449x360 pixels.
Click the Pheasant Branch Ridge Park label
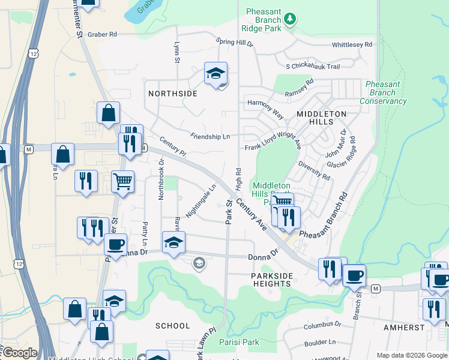coord(265,20)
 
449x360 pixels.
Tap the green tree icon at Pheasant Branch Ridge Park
coord(290,19)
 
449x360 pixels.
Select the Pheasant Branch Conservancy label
coord(383,93)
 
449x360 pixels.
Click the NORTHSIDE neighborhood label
coord(173,94)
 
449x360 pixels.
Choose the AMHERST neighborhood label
coord(405,328)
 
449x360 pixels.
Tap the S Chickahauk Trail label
coord(313,66)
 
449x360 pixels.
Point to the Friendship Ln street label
coord(210,137)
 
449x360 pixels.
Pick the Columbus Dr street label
coord(322,325)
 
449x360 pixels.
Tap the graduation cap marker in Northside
coord(215,74)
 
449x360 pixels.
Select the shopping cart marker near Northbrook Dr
coord(122,181)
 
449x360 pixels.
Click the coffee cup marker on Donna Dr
coord(115,244)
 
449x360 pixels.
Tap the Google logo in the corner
coord(19,353)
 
